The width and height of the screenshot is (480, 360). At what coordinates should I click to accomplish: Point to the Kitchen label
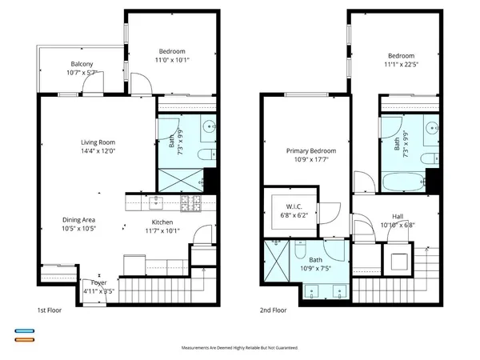click(x=162, y=223)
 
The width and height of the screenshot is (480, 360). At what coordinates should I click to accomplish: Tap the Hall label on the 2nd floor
click(x=398, y=216)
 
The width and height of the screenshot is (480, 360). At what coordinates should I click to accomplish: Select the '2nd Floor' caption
click(x=271, y=310)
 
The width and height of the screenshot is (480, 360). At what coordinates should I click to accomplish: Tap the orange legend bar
click(x=23, y=340)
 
